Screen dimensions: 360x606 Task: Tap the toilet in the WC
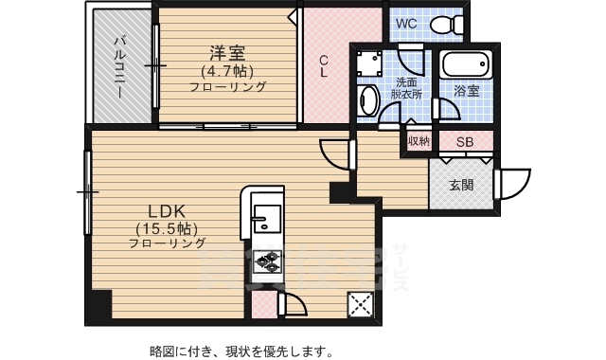point(441,24)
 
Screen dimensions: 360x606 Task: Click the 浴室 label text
point(466,92)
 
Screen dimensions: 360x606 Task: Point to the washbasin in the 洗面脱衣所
point(369,99)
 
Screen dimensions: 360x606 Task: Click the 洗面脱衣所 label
point(408,88)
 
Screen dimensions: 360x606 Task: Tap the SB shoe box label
point(465,142)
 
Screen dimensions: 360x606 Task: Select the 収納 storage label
point(419,142)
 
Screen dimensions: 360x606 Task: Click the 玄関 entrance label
point(461,185)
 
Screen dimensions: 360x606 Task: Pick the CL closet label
point(324,64)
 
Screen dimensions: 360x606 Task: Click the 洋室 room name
point(227,52)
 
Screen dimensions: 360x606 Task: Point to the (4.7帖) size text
point(226,70)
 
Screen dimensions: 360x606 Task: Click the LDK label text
point(170,210)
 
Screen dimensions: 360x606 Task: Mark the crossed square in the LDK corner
point(361,304)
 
